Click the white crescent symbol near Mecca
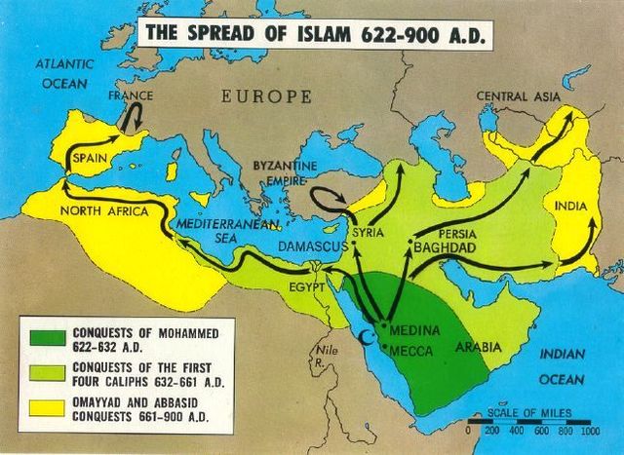(x=369, y=337)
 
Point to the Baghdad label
(x=444, y=248)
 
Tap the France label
(x=130, y=98)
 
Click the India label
(x=571, y=207)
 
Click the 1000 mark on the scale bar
(x=590, y=430)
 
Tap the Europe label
(x=266, y=96)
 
